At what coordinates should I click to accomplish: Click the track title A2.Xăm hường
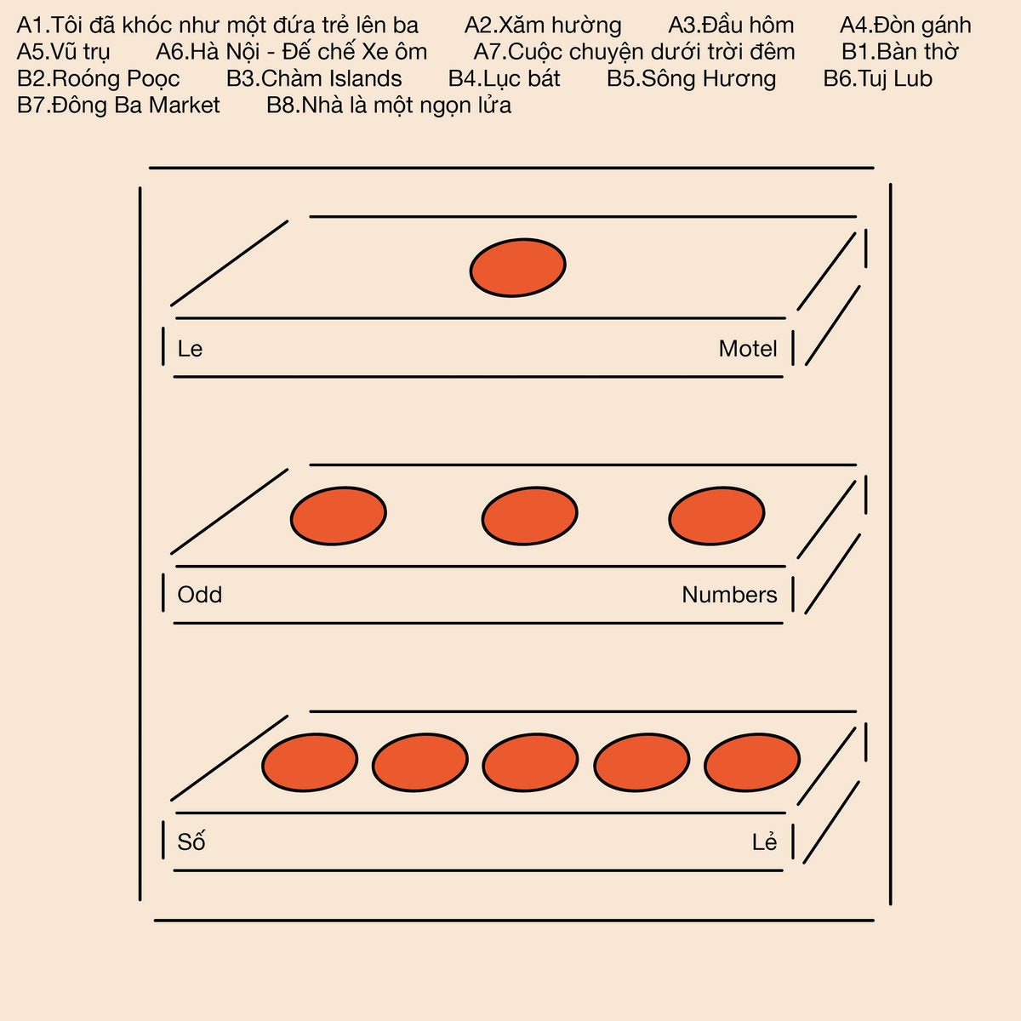[543, 26]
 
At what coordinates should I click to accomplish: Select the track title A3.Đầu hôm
[731, 25]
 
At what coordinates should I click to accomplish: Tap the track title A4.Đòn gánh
[905, 26]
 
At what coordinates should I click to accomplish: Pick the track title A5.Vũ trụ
[64, 52]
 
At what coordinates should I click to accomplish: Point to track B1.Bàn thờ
[899, 51]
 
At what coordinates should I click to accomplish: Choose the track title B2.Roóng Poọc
[99, 79]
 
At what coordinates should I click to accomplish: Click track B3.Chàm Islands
[314, 78]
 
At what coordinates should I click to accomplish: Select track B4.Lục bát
[504, 79]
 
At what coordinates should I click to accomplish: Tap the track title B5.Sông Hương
[692, 79]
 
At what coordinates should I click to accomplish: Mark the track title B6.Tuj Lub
[878, 79]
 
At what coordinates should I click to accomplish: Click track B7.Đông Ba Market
[118, 106]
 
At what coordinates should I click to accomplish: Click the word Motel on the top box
[748, 349]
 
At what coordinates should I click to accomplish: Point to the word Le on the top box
[190, 349]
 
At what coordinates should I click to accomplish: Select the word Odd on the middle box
[200, 595]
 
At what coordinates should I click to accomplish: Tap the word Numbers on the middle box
[729, 595]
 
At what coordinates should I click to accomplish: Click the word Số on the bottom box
[191, 841]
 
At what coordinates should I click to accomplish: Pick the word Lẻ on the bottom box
[765, 841]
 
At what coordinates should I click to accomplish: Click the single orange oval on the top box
[517, 267]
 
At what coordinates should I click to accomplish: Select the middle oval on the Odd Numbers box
[529, 516]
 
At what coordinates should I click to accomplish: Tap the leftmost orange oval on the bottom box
[310, 762]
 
